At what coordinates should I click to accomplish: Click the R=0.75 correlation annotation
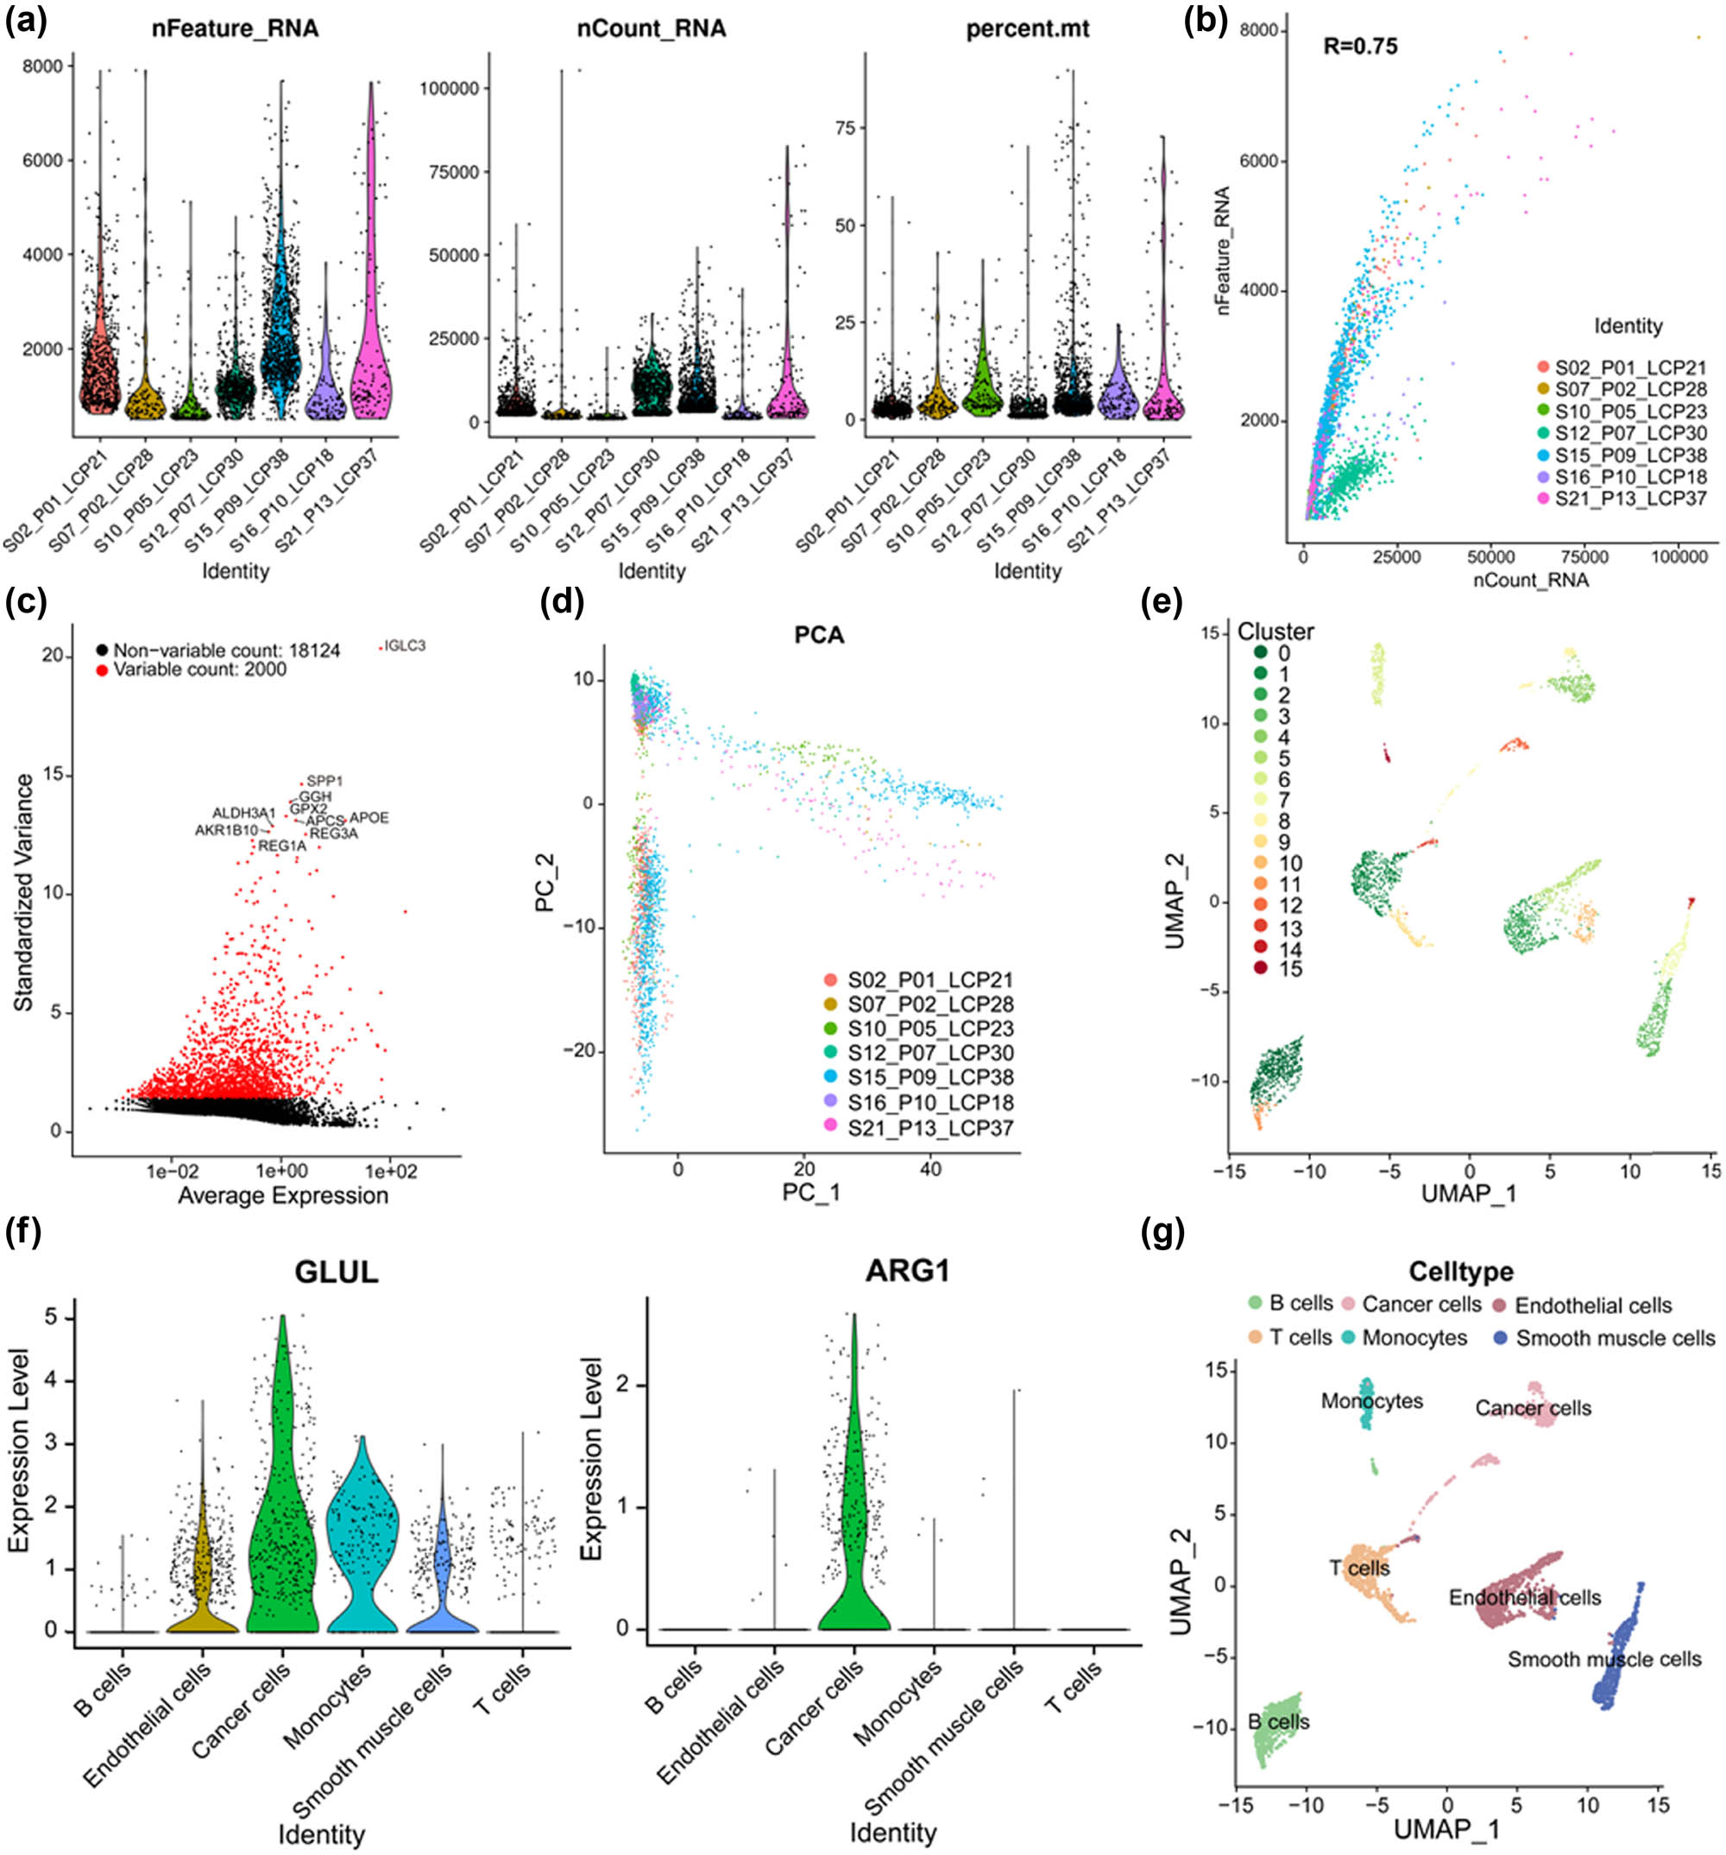pos(1360,46)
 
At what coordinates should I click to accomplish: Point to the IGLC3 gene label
pos(404,645)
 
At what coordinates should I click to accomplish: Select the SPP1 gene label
pos(324,781)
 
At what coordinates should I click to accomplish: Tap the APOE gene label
pos(369,818)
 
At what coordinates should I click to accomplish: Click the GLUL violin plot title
pos(336,1272)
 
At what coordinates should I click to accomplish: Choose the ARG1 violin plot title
pos(907,1271)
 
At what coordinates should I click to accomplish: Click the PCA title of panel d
pos(819,635)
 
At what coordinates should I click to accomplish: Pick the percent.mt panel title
pos(1027,29)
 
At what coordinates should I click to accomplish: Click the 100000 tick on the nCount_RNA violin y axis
pos(448,89)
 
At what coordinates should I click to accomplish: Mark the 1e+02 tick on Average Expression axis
pos(390,1171)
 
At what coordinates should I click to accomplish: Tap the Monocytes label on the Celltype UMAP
pos(1371,1400)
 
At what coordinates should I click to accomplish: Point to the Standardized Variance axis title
pos(23,892)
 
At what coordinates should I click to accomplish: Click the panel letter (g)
pos(1162,1233)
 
